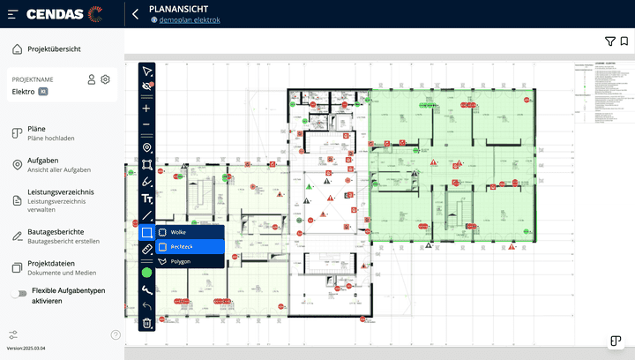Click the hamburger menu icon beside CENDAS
coord(12,14)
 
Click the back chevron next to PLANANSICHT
coord(136,14)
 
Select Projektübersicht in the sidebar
coord(54,49)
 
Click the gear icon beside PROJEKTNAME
coord(105,79)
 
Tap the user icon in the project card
coord(91,79)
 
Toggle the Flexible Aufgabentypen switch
coord(17,295)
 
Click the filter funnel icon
coord(609,41)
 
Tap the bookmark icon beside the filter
coord(624,41)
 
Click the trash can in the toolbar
coord(147,324)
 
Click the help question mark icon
coord(116,335)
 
